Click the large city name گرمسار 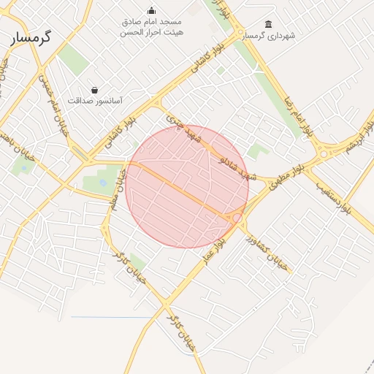pos(31,38)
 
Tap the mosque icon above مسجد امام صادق pos(151,10)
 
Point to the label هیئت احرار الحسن pos(153,32)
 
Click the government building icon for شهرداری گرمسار pos(269,24)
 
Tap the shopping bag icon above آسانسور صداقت pos(95,90)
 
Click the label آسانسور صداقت pos(95,100)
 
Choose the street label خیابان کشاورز pos(267,251)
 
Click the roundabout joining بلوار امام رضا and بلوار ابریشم pos(323,154)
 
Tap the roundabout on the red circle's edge pos(237,218)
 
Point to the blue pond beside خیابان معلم pos(102,182)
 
